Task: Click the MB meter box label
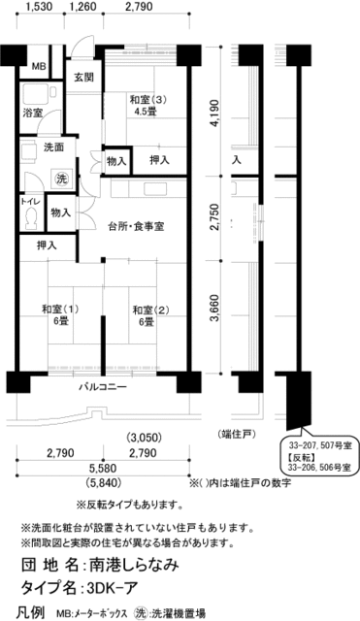38,66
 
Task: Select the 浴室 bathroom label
34,114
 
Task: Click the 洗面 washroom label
54,147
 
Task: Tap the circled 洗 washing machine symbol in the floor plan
61,179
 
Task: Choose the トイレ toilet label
30,203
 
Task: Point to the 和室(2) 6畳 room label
147,315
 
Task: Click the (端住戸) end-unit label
237,433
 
